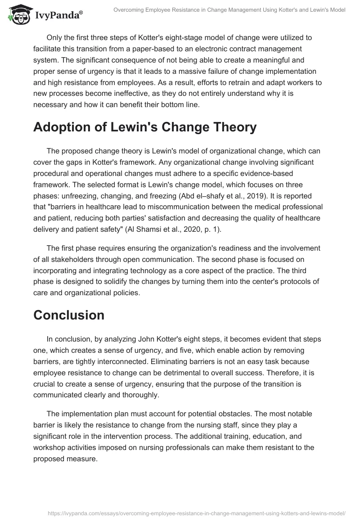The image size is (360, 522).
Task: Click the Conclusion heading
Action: point(69,315)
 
